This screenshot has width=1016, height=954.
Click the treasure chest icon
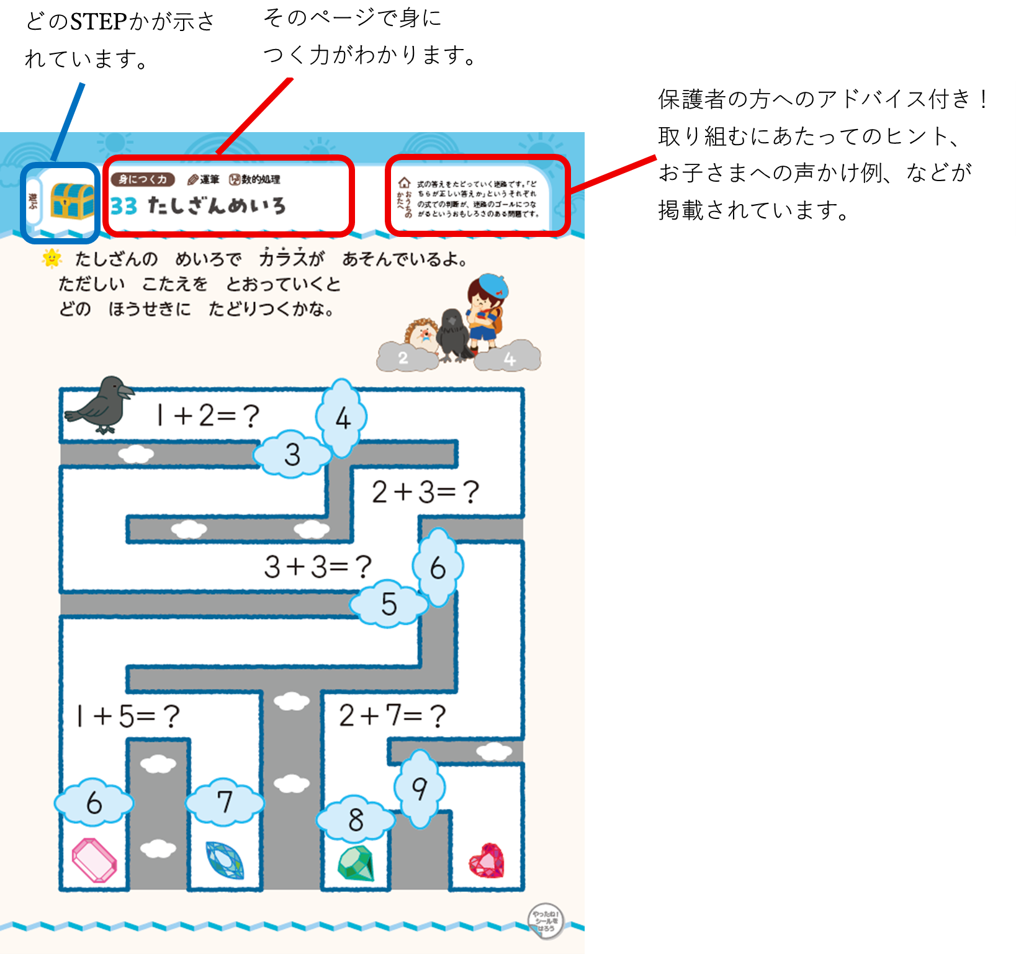pyautogui.click(x=72, y=200)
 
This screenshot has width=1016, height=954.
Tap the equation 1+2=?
pyautogui.click(x=207, y=416)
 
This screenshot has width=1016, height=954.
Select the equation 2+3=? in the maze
pyautogui.click(x=425, y=493)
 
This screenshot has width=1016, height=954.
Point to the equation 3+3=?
pyautogui.click(x=318, y=567)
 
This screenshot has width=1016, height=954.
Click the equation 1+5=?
pyautogui.click(x=128, y=716)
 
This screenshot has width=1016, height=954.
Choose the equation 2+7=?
pyautogui.click(x=392, y=716)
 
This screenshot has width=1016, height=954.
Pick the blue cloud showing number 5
pyautogui.click(x=389, y=604)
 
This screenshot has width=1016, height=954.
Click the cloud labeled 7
pyautogui.click(x=225, y=803)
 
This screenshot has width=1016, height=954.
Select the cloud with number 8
pyautogui.click(x=356, y=821)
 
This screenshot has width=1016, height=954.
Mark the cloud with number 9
pyautogui.click(x=420, y=789)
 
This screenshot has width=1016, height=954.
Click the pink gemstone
pyautogui.click(x=94, y=860)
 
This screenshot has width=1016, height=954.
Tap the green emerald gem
pyautogui.click(x=356, y=863)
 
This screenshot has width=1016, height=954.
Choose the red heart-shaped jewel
pyautogui.click(x=487, y=861)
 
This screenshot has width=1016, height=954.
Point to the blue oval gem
pyautogui.click(x=225, y=860)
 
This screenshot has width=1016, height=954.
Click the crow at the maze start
pyautogui.click(x=102, y=404)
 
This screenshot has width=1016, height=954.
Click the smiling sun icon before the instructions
pyautogui.click(x=52, y=258)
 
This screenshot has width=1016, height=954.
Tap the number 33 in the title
pyautogui.click(x=124, y=206)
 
